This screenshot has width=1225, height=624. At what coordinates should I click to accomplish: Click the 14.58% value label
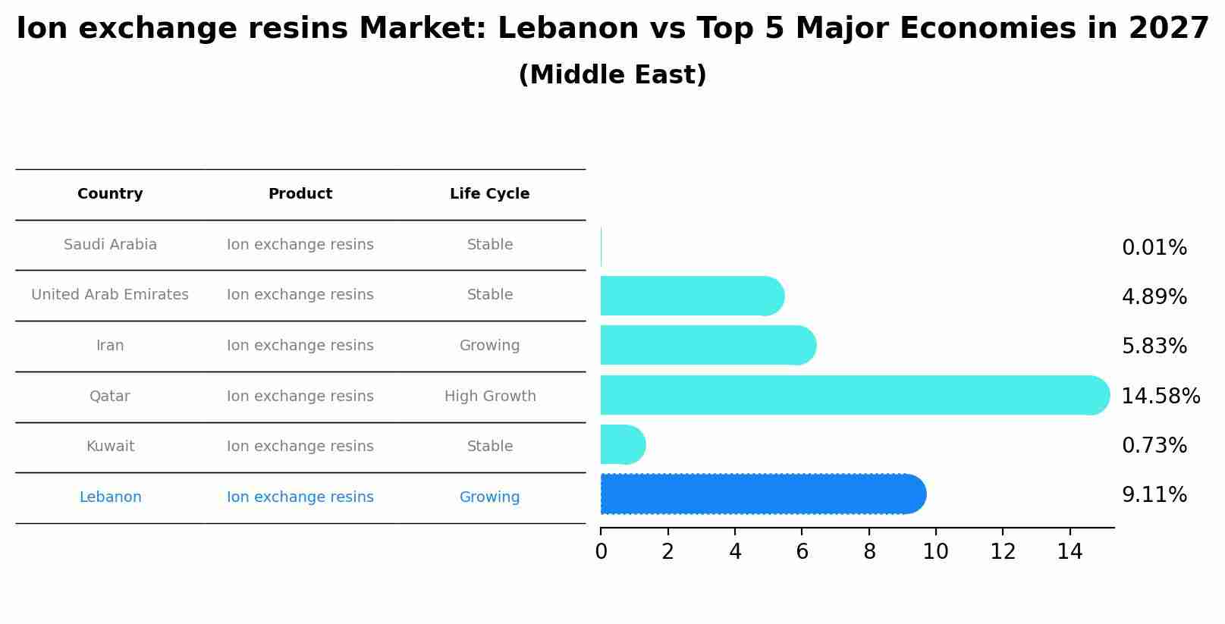pos(1160,397)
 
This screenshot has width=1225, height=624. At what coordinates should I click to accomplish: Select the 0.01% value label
pos(1154,248)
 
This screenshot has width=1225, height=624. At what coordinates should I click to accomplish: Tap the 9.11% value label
pos(1154,495)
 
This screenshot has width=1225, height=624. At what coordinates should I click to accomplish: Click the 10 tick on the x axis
pos(935,552)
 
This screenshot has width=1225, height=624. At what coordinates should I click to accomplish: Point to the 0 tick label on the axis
pos(601,552)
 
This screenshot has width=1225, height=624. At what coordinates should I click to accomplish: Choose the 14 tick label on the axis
pos(1070,552)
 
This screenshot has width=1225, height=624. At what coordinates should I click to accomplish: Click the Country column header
pos(110,194)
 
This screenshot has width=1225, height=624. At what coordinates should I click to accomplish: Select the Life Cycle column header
pos(489,194)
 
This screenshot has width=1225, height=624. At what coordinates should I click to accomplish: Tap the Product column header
pos(300,194)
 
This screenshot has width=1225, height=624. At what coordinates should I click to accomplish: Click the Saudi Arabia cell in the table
pos(110,245)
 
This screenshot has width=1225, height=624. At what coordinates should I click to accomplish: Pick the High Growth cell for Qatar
pos(490,397)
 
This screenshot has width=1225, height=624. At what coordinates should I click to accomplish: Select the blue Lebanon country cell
pos(110,497)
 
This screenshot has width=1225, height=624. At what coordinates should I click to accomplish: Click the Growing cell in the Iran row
pos(489,346)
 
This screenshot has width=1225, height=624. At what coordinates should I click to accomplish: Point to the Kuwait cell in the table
pos(110,447)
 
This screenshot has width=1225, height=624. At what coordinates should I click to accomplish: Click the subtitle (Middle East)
pos(612,75)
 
